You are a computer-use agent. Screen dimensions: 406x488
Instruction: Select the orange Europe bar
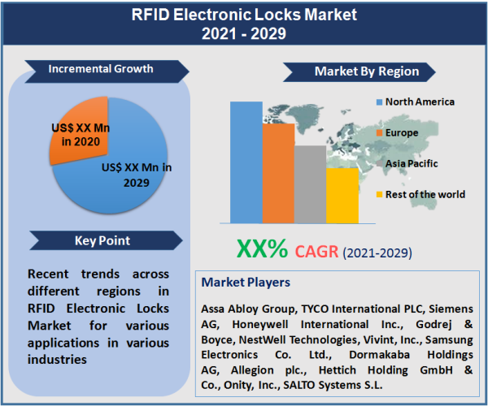[x=277, y=172]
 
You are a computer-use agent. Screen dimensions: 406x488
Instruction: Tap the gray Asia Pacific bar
[x=310, y=184]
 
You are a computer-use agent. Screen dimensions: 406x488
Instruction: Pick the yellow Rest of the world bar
[x=342, y=195]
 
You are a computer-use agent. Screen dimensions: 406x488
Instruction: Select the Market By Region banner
[x=366, y=71]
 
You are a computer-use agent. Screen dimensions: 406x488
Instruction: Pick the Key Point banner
[x=102, y=240]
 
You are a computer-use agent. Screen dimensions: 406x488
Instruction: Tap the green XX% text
[x=262, y=248]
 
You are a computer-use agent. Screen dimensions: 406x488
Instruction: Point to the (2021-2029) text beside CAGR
[x=377, y=253]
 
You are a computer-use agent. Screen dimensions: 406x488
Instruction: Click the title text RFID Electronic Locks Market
[x=244, y=15]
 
